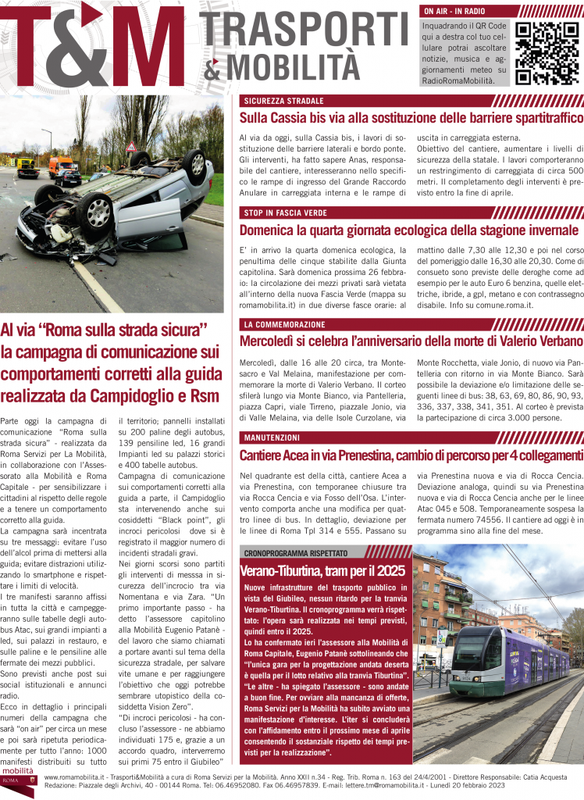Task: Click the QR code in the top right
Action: (547, 52)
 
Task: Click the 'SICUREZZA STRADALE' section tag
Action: (283, 101)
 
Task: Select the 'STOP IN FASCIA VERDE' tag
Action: (285, 212)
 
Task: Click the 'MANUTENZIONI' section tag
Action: (272, 437)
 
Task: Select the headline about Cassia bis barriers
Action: (411, 118)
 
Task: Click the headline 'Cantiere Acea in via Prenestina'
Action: (411, 455)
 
